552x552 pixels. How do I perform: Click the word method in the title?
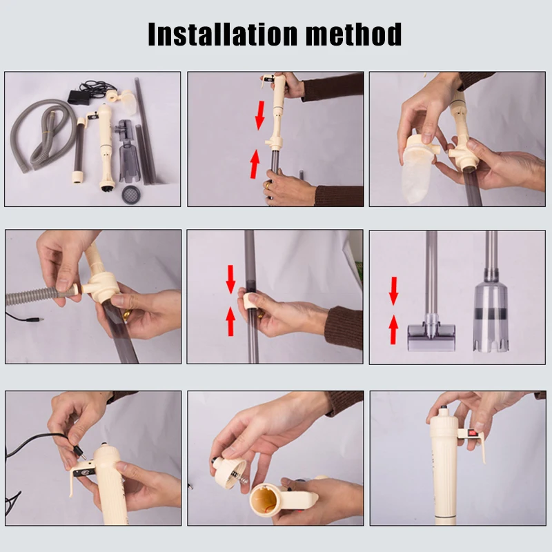coord(354,34)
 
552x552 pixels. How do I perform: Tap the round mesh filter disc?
coord(131,195)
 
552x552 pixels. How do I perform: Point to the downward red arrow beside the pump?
coord(260,115)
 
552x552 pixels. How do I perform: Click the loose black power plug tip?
coord(36,320)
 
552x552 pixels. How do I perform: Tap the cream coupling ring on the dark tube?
coord(249,301)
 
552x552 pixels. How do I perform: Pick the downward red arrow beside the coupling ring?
coord(230,279)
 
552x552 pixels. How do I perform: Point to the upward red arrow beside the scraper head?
coord(393,330)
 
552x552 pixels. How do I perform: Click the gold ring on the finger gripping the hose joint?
coord(127,315)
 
